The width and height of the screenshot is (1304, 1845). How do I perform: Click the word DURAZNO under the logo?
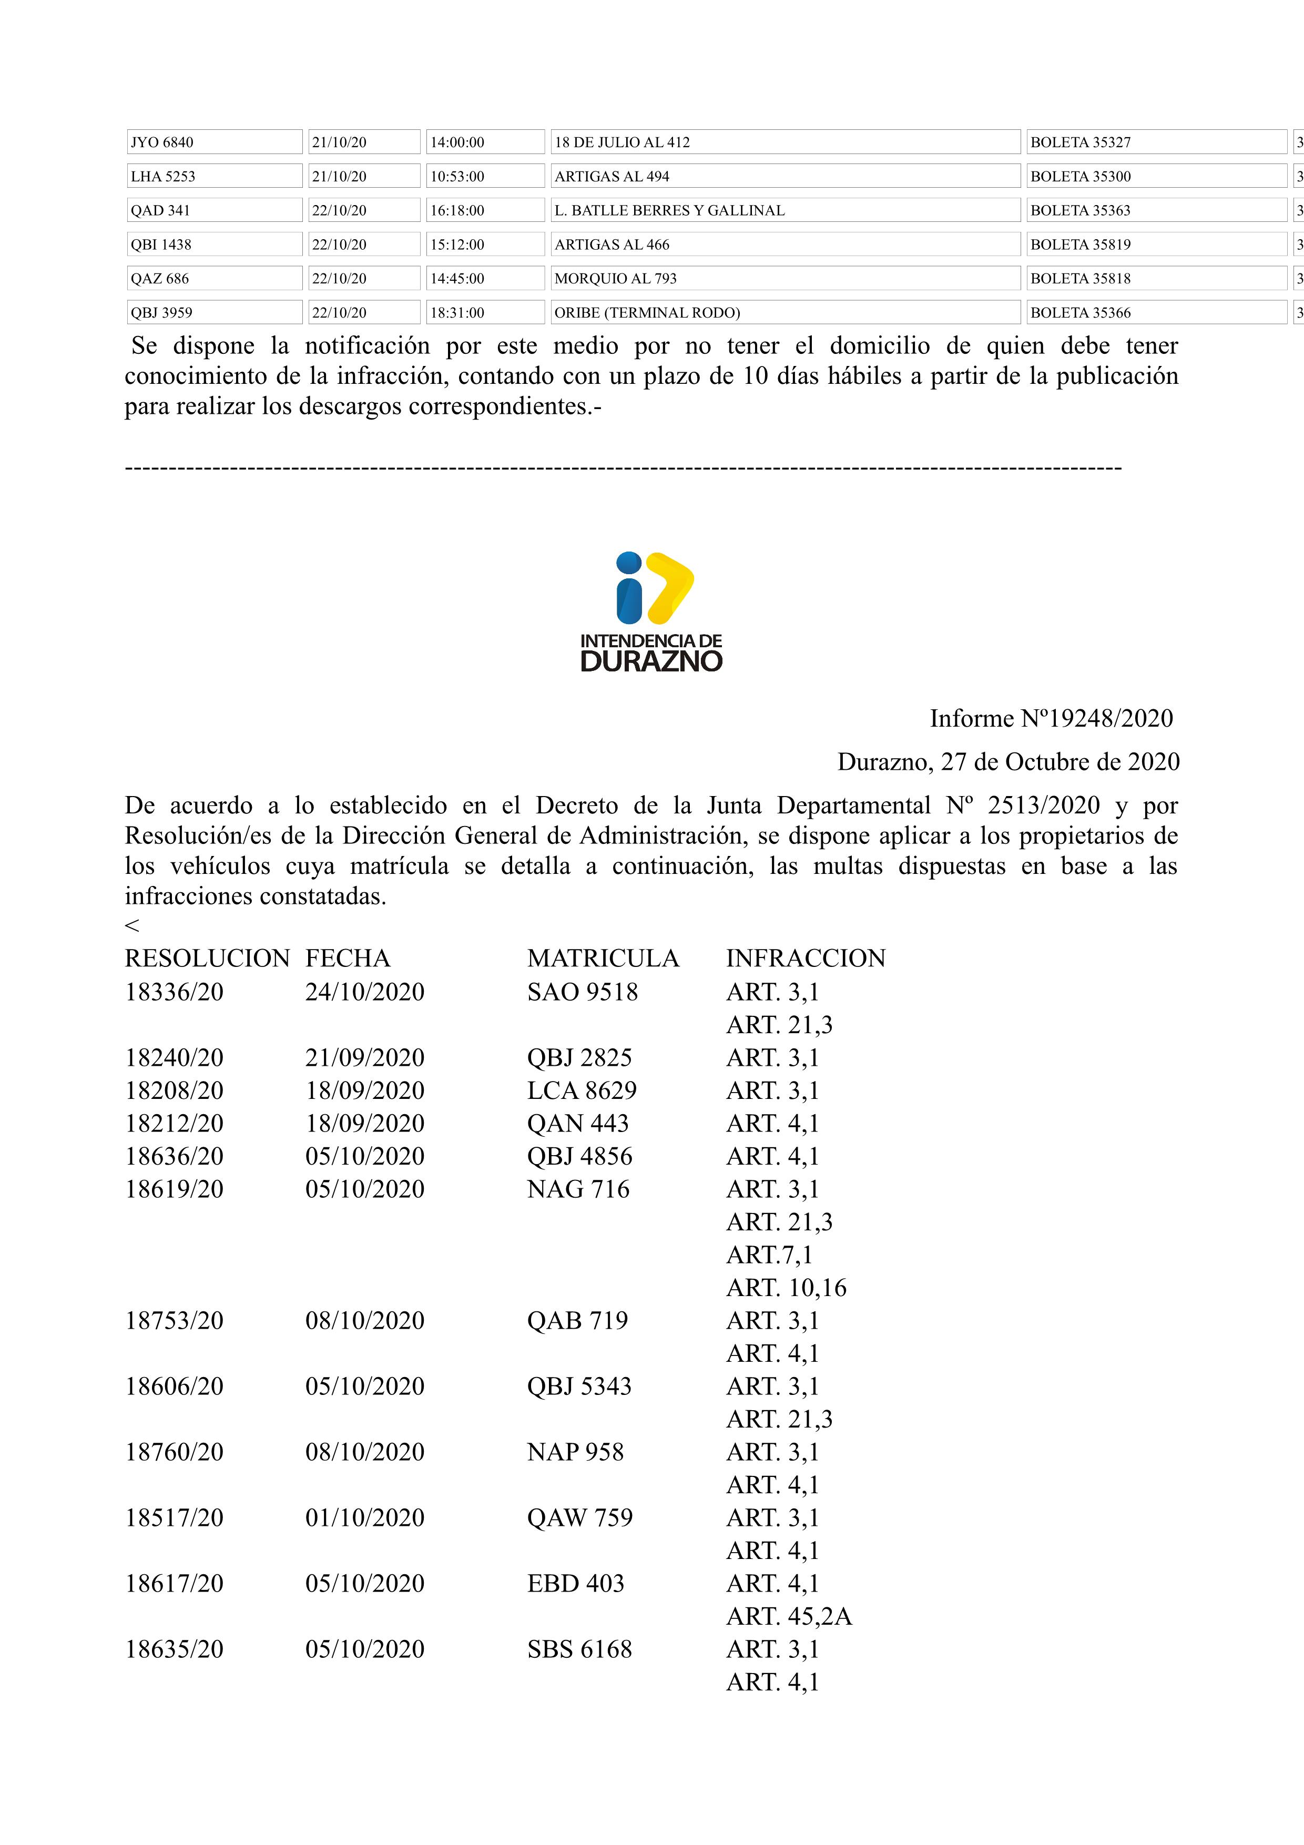click(651, 661)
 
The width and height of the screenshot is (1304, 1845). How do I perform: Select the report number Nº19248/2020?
click(1096, 718)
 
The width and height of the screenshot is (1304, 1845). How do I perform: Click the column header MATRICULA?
click(603, 958)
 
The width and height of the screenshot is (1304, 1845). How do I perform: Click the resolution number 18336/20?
click(175, 992)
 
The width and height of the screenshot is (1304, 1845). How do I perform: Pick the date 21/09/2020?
click(365, 1057)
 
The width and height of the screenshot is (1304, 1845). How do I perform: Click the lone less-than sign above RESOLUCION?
click(132, 926)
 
